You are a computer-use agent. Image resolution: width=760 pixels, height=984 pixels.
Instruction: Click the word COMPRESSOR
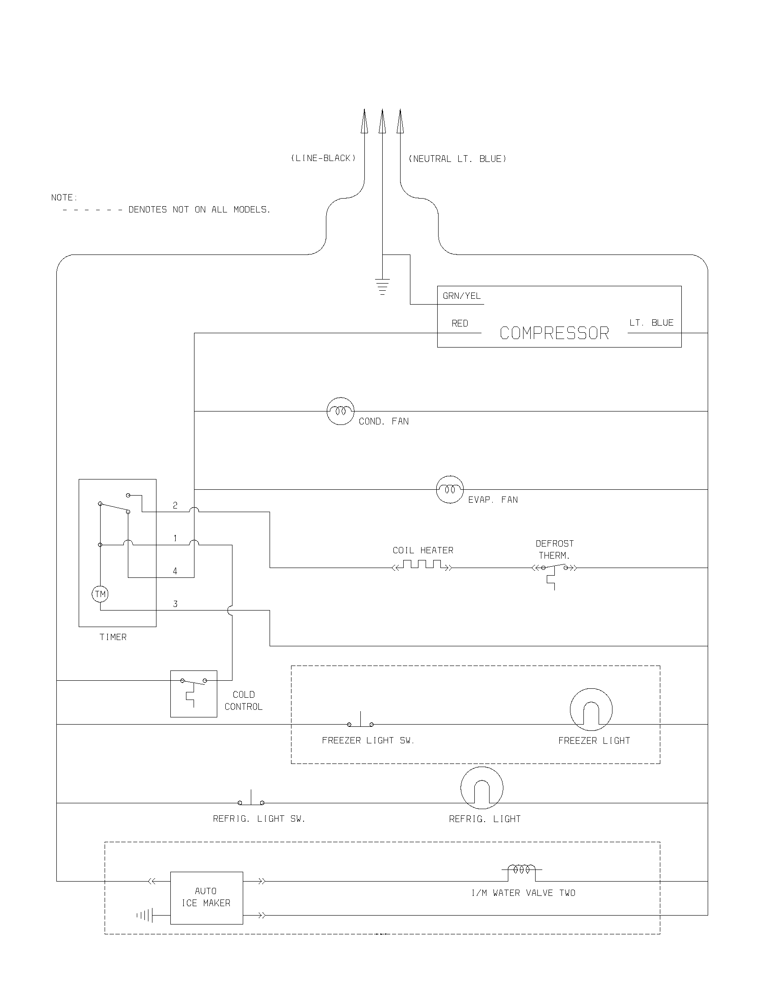coord(554,333)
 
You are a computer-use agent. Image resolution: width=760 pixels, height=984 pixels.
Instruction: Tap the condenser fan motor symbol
coord(340,411)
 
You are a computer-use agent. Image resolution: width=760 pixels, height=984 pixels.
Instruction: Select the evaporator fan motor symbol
coord(450,489)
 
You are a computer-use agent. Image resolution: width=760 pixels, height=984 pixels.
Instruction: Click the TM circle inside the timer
coord(101,594)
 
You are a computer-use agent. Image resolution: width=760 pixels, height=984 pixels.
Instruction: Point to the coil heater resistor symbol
coord(422,565)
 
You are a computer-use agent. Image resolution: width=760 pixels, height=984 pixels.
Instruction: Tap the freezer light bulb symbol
coord(591,709)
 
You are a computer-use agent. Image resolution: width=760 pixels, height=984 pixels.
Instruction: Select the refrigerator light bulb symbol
coord(482,788)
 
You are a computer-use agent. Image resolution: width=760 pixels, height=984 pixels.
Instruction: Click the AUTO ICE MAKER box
coord(206,898)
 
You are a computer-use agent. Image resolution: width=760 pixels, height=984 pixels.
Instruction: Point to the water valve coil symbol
coord(522,869)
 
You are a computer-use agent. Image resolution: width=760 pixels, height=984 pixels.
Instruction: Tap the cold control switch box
coord(194,693)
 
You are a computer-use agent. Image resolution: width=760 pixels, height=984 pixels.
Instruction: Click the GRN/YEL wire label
coord(461,296)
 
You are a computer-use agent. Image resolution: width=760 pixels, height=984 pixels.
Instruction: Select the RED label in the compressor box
coord(460,323)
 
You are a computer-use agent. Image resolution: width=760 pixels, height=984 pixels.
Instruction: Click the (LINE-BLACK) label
coord(323,158)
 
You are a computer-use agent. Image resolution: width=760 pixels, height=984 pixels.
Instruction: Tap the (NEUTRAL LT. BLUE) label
coord(457,159)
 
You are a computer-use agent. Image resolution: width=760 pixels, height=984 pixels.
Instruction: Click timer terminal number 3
coord(175,604)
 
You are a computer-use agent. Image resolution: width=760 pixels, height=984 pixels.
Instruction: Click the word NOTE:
coord(64,198)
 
